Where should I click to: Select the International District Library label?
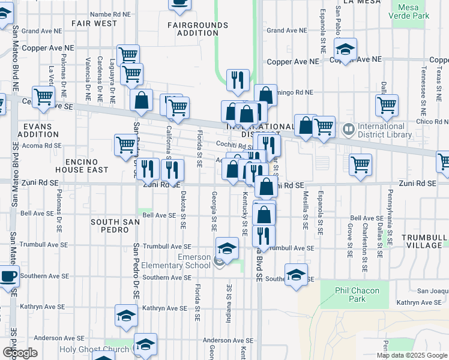[x=381, y=130]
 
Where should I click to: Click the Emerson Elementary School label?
[x=185, y=261]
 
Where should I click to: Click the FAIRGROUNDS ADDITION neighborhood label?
[x=197, y=29]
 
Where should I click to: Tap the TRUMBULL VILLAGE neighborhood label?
[x=424, y=241]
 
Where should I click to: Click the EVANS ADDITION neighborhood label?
[x=38, y=130]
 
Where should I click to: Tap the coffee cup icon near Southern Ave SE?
[x=8, y=278]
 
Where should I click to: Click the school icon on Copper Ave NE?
[x=345, y=49]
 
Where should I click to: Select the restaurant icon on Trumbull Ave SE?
[x=263, y=236]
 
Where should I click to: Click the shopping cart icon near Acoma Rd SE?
[x=125, y=144]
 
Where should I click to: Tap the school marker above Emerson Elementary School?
[x=227, y=248]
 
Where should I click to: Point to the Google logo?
[x=20, y=353]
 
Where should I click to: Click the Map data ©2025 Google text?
[x=411, y=355]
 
